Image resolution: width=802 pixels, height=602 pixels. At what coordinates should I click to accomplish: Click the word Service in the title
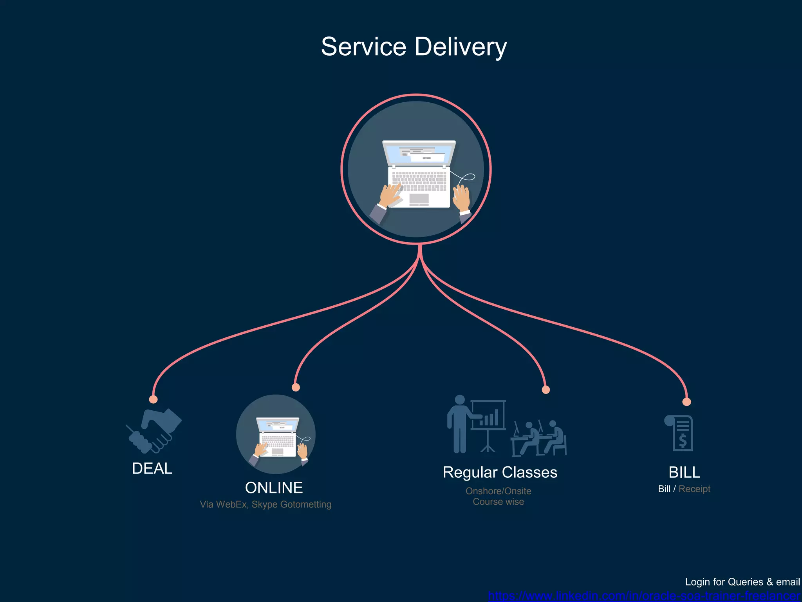[363, 47]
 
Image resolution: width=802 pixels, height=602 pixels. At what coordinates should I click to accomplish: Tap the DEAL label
[152, 469]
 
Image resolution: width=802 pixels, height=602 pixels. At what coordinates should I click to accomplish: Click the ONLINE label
[274, 488]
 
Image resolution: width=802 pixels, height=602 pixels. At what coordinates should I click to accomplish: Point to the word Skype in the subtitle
[264, 504]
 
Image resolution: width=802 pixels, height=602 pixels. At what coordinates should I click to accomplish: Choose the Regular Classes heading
[500, 472]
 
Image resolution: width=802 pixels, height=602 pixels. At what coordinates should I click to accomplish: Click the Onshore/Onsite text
[498, 491]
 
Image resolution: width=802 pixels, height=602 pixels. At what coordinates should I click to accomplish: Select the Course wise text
[498, 502]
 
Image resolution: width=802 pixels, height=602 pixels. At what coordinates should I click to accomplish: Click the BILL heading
[684, 472]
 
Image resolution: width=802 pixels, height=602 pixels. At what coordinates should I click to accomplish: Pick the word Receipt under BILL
[694, 489]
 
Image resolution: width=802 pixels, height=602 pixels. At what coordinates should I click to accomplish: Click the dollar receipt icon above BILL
[679, 433]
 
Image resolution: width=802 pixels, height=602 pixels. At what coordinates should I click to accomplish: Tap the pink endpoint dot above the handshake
[154, 399]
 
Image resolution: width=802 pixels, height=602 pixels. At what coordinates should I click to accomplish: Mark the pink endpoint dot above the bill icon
[686, 402]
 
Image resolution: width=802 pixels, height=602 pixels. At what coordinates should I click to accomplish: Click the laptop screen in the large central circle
[419, 153]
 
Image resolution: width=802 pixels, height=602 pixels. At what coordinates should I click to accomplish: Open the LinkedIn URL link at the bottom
[644, 596]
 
